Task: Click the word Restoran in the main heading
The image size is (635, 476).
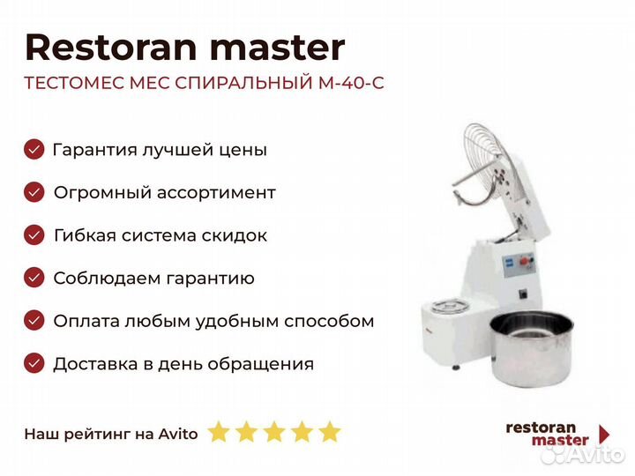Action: (111, 48)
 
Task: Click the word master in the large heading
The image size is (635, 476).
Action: (278, 48)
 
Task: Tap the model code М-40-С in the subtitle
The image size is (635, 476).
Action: (351, 83)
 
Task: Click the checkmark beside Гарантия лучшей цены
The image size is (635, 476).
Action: (34, 149)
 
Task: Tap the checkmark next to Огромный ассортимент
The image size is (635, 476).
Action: (34, 192)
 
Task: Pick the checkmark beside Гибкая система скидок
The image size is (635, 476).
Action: (34, 235)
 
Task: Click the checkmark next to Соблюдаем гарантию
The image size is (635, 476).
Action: (34, 278)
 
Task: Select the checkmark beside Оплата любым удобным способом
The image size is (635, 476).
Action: (34, 321)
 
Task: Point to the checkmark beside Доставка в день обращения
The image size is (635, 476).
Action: (34, 363)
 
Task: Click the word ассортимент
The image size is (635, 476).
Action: (216, 193)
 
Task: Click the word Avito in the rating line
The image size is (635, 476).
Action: (178, 435)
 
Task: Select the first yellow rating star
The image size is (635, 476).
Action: (219, 432)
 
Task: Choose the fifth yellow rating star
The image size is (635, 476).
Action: (330, 432)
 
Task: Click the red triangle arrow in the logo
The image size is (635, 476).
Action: (604, 435)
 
